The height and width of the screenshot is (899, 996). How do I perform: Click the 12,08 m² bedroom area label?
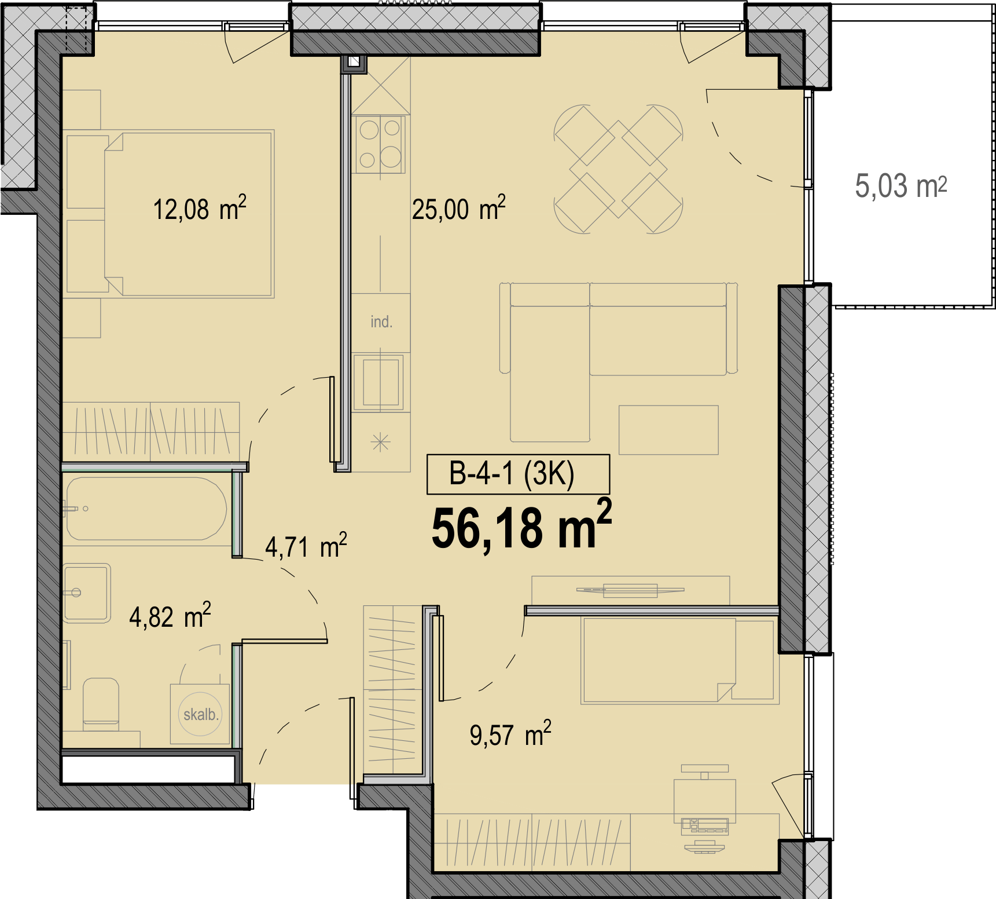[x=200, y=208]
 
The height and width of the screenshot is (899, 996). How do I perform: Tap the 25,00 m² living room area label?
[x=459, y=208]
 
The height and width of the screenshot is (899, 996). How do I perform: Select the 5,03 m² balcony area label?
[x=901, y=186]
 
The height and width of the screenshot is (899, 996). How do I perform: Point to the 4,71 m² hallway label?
[x=306, y=546]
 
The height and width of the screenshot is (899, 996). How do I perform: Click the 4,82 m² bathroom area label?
[x=170, y=615]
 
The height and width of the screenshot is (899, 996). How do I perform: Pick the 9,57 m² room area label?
[x=510, y=733]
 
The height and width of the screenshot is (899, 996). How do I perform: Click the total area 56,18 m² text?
[x=521, y=525]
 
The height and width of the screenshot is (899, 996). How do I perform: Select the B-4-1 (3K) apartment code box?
[x=518, y=474]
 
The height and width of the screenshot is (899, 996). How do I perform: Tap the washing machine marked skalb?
[x=200, y=714]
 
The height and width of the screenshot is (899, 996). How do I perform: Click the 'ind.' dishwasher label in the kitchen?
[x=381, y=322]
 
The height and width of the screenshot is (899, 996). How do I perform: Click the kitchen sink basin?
[x=380, y=382]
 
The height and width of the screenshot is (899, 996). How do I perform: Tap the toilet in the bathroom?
[x=101, y=703]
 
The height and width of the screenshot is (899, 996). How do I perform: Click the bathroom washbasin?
[x=87, y=593]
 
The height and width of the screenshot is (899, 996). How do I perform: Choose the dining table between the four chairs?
[x=619, y=169]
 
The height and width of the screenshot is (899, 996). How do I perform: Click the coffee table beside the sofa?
[x=668, y=430]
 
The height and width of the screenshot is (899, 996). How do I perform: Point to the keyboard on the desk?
[x=705, y=825]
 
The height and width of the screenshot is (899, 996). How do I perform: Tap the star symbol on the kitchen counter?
[x=380, y=443]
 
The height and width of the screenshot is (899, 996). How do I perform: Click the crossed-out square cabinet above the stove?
[x=380, y=85]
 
